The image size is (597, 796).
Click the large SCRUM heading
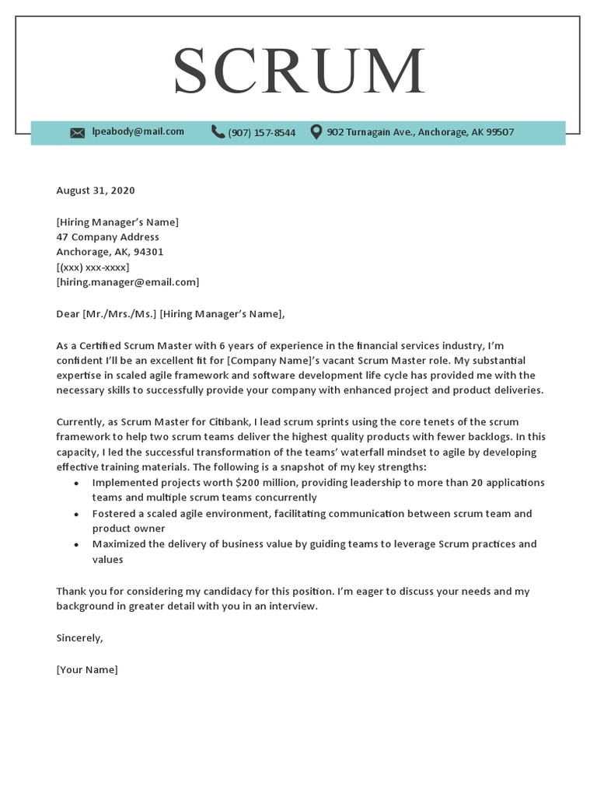[298, 72]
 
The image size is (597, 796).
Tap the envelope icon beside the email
[77, 133]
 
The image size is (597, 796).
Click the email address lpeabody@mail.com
[138, 131]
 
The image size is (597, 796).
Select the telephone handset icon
[218, 132]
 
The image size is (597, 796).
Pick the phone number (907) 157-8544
[261, 133]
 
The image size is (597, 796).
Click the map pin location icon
[316, 132]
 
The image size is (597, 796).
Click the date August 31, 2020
[96, 190]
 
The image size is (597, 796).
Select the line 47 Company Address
[107, 237]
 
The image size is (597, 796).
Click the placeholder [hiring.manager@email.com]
[127, 282]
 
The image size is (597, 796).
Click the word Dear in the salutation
[68, 314]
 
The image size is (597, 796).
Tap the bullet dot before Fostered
[75, 515]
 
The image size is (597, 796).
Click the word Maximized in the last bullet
[118, 544]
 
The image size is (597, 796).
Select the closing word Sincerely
[79, 638]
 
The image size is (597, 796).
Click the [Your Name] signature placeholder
[87, 669]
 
